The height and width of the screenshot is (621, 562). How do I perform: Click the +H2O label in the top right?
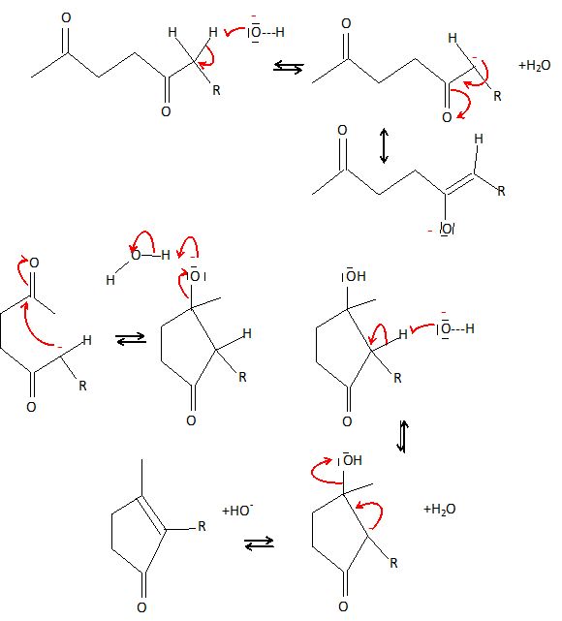coord(534,65)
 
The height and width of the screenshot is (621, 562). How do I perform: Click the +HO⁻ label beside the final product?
coord(237,511)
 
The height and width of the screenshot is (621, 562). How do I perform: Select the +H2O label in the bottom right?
coord(439,509)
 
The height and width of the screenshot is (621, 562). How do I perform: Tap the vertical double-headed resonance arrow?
coord(384,145)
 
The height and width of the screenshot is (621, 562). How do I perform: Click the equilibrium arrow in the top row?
coord(289,67)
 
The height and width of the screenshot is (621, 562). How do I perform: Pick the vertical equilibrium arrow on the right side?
coord(402,436)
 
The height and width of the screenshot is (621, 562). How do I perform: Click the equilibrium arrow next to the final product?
coord(259,543)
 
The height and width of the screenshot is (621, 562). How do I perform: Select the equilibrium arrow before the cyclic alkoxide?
coord(131,339)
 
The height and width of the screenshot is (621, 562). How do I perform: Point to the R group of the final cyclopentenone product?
coord(202,526)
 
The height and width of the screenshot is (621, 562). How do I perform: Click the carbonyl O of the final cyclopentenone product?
coord(141,607)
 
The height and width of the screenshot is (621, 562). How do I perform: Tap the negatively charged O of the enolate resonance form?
coord(447,229)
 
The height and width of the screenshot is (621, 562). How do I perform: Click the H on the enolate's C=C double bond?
coord(479,139)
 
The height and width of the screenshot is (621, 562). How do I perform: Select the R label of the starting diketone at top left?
coord(216,90)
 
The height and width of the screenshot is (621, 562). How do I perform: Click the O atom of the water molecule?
coord(136,255)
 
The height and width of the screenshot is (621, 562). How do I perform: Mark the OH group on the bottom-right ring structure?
coord(351,460)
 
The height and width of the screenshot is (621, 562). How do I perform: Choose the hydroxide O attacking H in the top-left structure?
coord(256,32)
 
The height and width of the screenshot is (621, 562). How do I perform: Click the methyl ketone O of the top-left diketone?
coord(66,17)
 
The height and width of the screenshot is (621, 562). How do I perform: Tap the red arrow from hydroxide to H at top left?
coord(234,31)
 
